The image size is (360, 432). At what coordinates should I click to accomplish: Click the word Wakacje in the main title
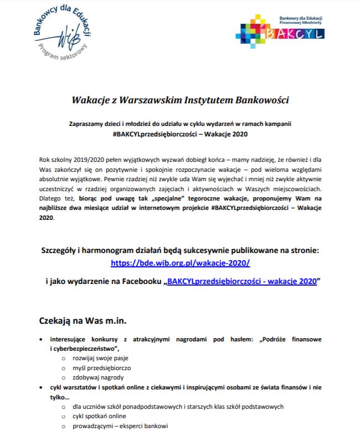point(91,101)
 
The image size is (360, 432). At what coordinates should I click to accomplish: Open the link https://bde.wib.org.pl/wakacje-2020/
point(180,263)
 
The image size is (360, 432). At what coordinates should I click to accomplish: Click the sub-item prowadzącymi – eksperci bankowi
point(116,425)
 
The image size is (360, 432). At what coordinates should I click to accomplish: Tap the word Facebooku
point(137,281)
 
